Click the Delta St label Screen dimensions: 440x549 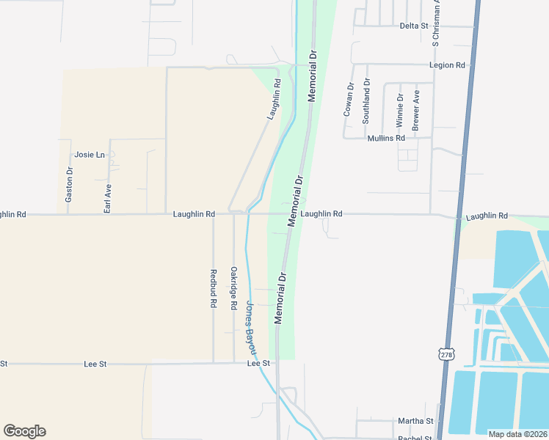[414, 26]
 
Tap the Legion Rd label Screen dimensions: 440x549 [448, 65]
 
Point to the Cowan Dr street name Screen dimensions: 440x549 [349, 99]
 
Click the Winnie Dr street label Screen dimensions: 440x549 [400, 107]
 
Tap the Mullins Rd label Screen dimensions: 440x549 [385, 138]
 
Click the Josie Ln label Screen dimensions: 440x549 [90, 155]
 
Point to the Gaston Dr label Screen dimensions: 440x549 [69, 186]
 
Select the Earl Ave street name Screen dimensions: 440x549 [108, 198]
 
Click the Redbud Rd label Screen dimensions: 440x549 [214, 288]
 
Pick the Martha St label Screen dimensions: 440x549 [415, 421]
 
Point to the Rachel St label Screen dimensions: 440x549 [415, 438]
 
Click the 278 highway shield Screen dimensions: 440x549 [447, 355]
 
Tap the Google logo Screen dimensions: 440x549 [24, 431]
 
